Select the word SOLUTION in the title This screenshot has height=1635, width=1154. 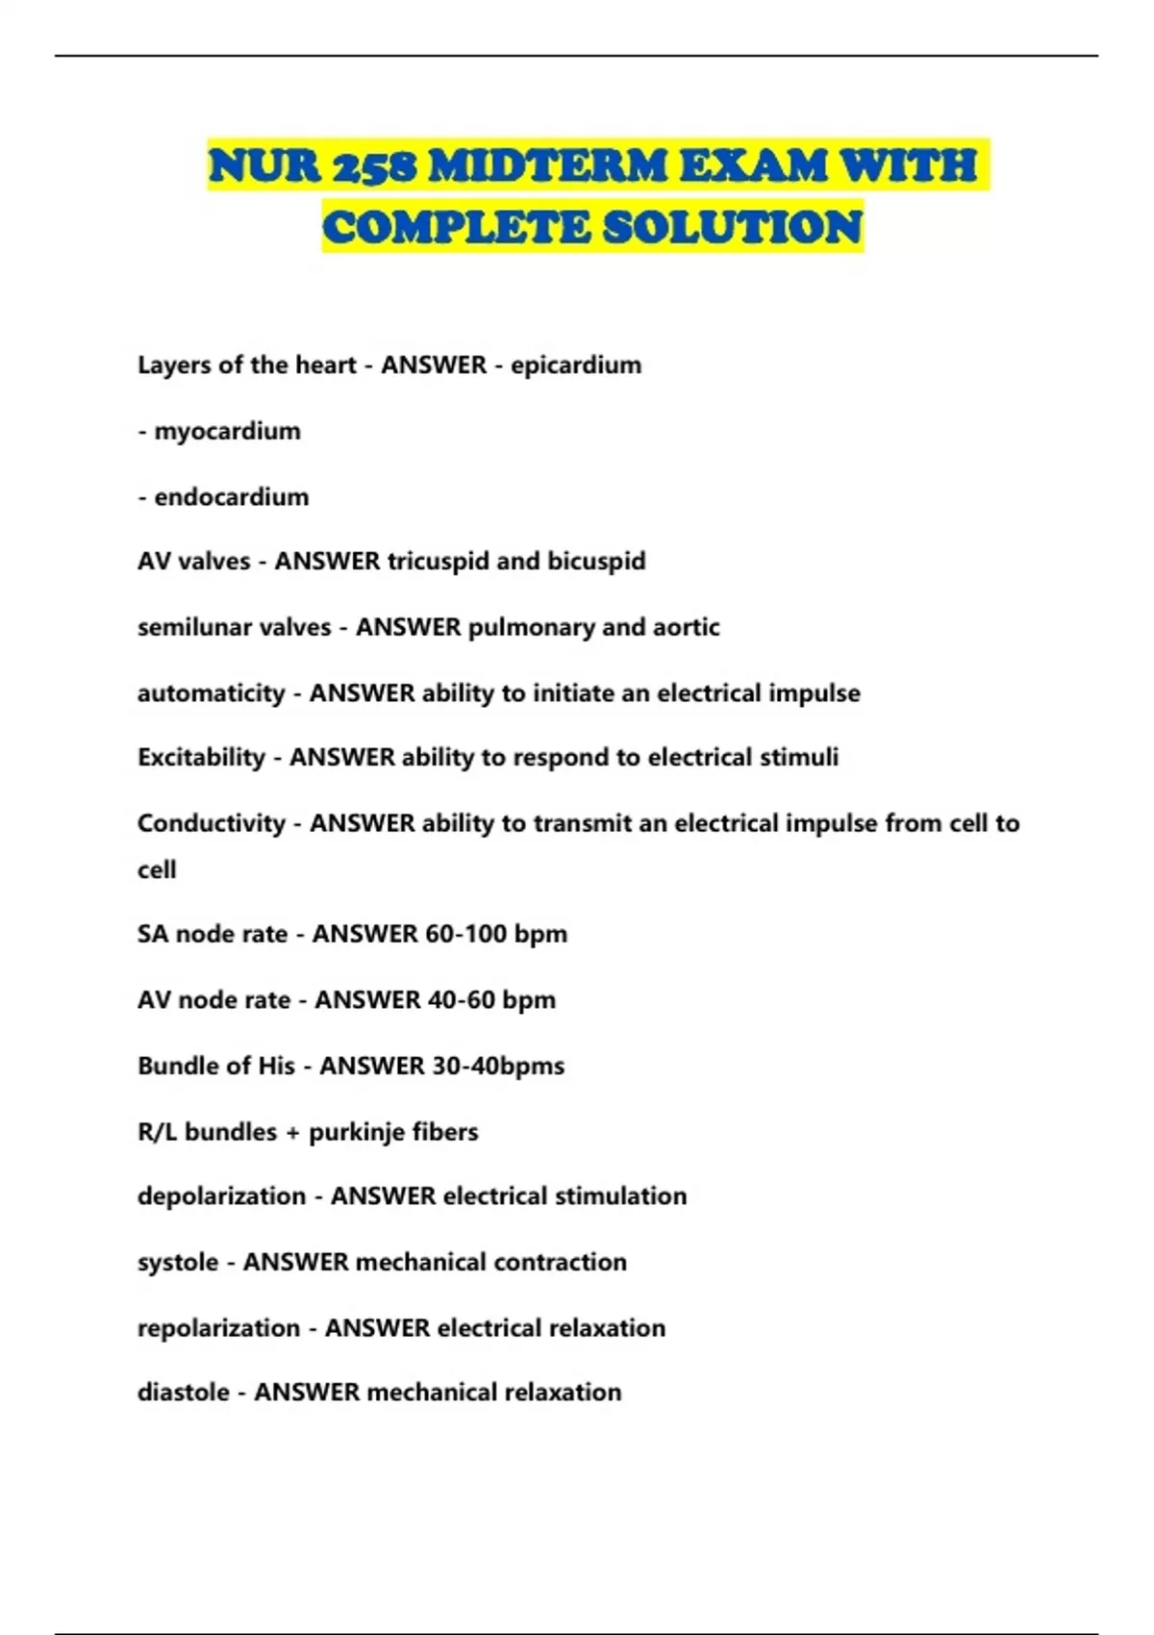click(733, 228)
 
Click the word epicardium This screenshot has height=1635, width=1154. click(576, 365)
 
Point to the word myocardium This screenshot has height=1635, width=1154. click(227, 431)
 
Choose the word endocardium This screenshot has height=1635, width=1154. click(232, 497)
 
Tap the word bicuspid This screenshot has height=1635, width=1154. click(596, 561)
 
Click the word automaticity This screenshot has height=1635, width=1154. click(212, 693)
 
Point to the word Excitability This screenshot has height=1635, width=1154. click(201, 758)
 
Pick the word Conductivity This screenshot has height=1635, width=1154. click(212, 823)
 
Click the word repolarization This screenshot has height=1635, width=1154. click(219, 1328)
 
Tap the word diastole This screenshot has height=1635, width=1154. click(184, 1393)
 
